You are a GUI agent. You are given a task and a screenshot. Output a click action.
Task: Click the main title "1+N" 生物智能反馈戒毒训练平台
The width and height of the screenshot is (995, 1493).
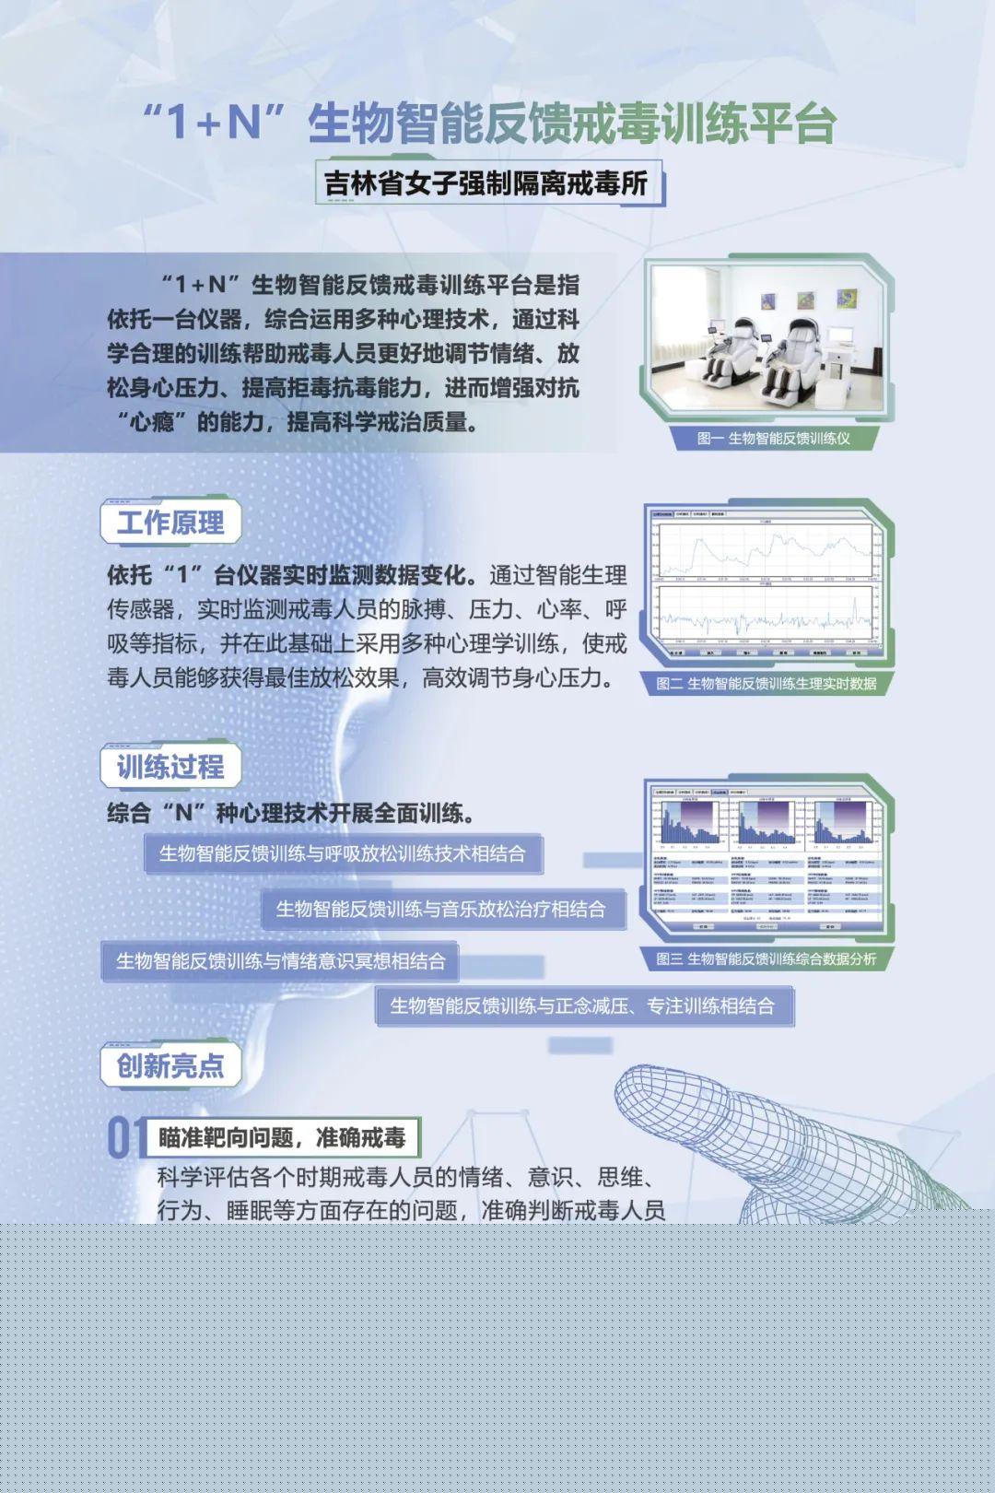tap(489, 123)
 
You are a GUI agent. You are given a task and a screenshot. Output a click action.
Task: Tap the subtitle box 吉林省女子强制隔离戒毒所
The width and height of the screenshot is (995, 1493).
tap(486, 183)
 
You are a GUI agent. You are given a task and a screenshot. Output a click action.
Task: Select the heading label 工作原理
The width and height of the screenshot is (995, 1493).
tap(170, 523)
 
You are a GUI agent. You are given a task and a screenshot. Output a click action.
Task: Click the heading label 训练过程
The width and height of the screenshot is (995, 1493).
tap(170, 766)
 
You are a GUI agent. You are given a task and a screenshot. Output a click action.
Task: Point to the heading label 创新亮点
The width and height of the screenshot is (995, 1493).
tap(170, 1065)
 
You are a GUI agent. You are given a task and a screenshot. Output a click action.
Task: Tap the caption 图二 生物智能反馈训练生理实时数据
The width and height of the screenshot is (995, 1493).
tap(766, 684)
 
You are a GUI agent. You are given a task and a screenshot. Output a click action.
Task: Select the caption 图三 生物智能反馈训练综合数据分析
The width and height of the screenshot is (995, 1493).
tap(766, 959)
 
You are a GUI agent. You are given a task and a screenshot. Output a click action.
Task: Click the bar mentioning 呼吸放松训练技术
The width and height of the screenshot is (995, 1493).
tap(343, 854)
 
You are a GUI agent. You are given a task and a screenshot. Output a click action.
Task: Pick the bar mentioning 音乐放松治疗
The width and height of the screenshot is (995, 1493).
tap(441, 910)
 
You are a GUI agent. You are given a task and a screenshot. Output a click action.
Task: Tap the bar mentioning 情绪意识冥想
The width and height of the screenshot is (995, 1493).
tap(280, 961)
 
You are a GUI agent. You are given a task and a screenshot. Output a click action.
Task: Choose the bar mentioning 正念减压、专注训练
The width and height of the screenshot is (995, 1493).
tap(582, 1006)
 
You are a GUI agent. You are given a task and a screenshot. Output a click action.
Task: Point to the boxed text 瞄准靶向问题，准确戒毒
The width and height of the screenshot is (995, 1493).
tap(282, 1138)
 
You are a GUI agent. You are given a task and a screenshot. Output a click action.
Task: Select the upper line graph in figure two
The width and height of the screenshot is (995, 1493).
tap(767, 550)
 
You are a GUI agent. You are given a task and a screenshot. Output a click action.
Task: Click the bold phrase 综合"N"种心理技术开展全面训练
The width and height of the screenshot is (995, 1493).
tap(291, 814)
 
